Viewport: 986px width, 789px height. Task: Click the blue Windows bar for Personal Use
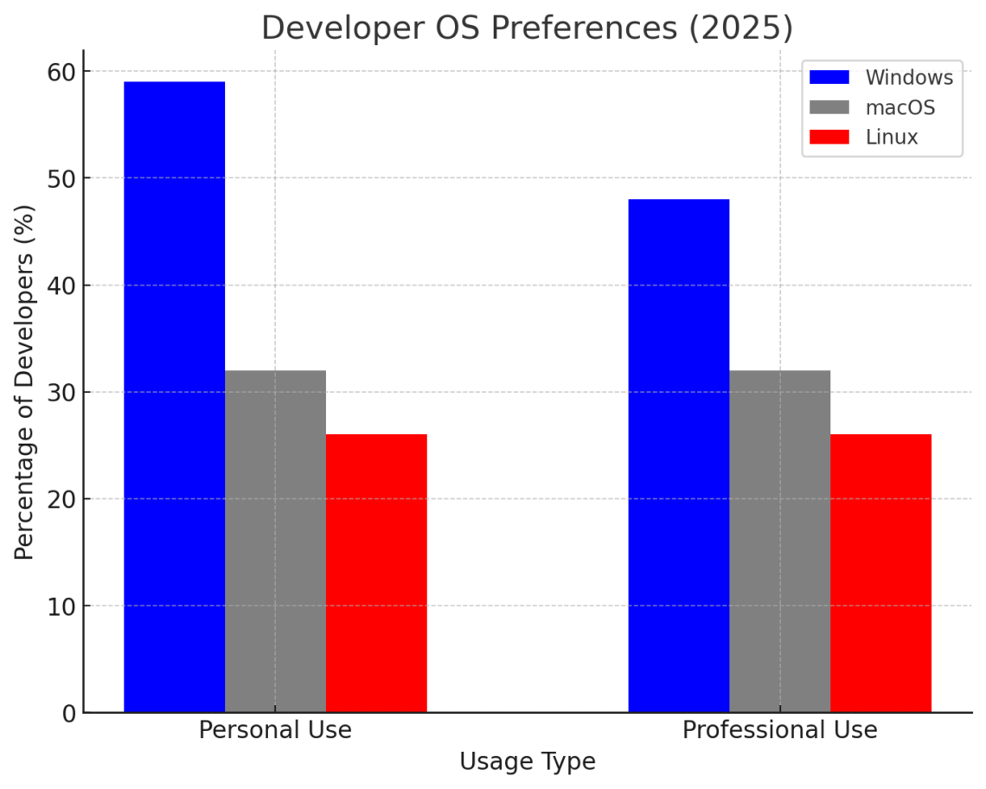pyautogui.click(x=174, y=397)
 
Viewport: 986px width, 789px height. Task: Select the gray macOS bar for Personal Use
pyautogui.click(x=275, y=542)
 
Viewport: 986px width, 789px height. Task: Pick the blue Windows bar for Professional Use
pyautogui.click(x=678, y=456)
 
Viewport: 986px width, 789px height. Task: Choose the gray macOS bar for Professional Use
pyautogui.click(x=779, y=542)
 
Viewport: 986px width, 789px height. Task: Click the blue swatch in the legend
pyautogui.click(x=829, y=77)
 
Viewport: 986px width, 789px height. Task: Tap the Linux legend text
pyautogui.click(x=892, y=137)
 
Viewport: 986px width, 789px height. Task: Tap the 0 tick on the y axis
pyautogui.click(x=67, y=713)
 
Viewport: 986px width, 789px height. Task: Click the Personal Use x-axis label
pyautogui.click(x=275, y=730)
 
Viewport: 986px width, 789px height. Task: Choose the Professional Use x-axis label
pyautogui.click(x=779, y=730)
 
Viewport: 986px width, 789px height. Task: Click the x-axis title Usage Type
pyautogui.click(x=527, y=762)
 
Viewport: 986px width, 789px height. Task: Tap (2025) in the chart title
pyautogui.click(x=740, y=29)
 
